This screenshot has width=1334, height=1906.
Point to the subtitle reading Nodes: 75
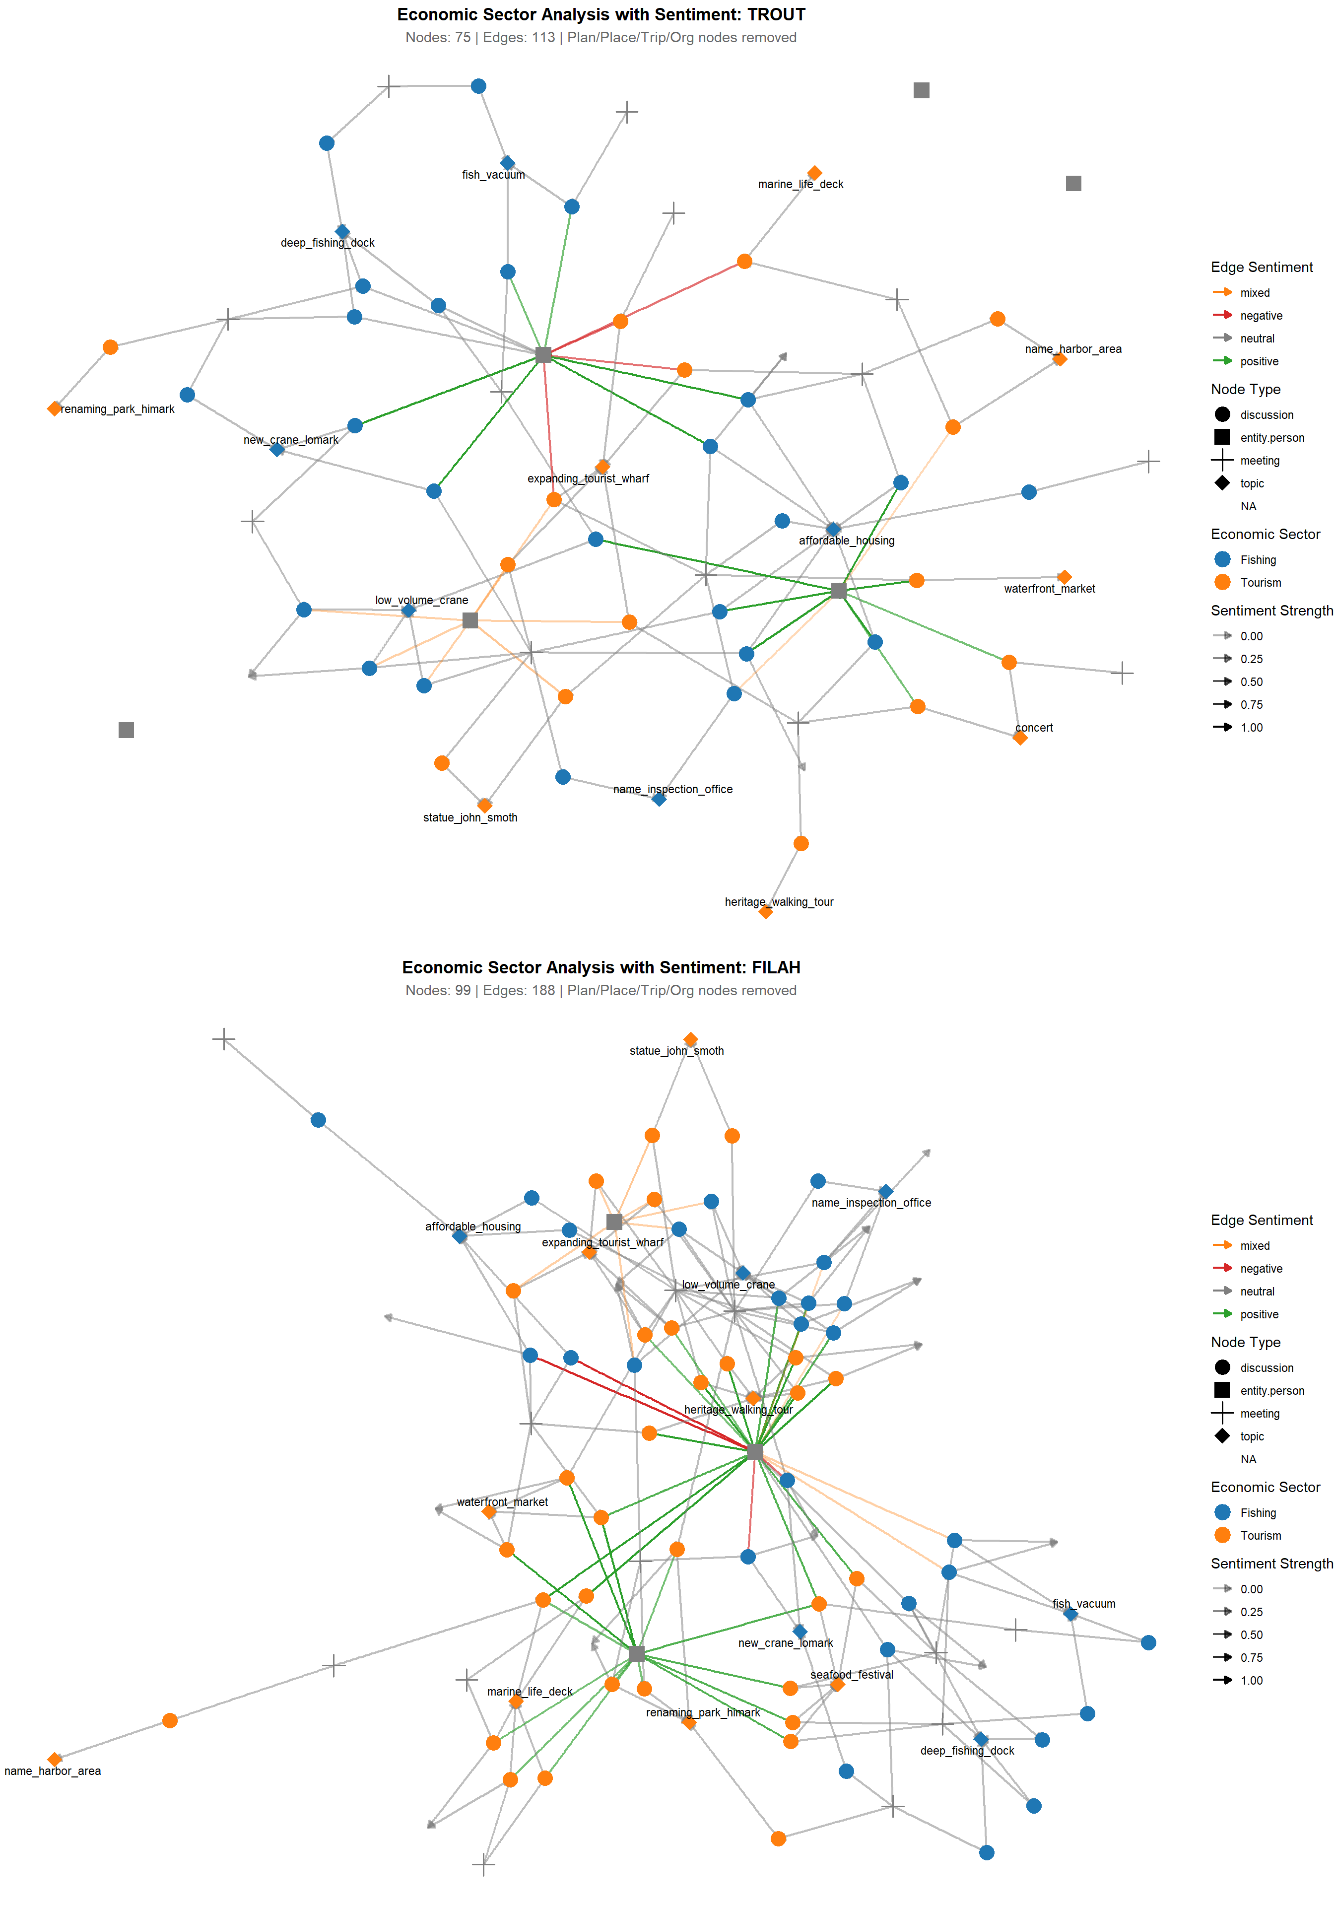pos(600,37)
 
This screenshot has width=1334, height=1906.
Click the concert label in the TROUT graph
pos(1033,727)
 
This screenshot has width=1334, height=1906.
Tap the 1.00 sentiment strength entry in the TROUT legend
pos(1251,727)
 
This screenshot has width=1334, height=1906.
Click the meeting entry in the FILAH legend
pos(1259,1414)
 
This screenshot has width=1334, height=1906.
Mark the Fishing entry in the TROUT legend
pos(1258,559)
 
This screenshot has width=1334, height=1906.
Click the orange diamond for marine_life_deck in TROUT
pos(814,173)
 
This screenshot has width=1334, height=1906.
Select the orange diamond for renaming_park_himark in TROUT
pos(55,408)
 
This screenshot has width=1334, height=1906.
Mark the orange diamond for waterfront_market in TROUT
pos(1064,577)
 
